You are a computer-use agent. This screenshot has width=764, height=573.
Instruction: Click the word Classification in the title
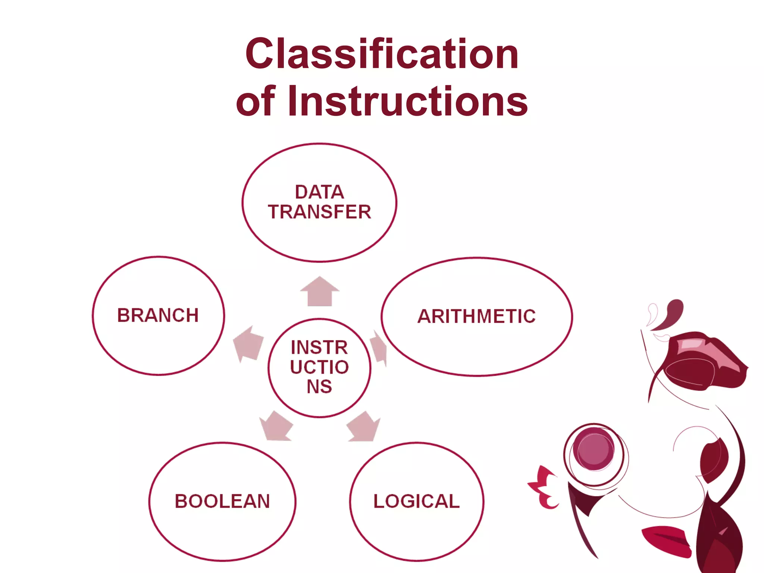(x=382, y=54)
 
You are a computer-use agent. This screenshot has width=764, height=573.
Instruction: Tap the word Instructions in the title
(x=408, y=101)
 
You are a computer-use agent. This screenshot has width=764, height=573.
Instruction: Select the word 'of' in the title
(x=256, y=101)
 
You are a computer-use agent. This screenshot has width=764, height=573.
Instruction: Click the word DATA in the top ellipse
(x=319, y=192)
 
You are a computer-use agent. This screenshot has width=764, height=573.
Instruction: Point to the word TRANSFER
(x=319, y=212)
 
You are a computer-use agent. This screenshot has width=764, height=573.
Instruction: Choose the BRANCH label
(x=158, y=315)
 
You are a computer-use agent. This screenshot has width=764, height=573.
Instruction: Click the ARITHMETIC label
(x=476, y=316)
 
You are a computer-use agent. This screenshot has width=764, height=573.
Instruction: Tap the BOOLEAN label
(x=222, y=501)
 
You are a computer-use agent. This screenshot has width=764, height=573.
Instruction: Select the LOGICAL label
(x=417, y=501)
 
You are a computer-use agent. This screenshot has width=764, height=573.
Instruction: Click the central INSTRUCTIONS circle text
(x=319, y=367)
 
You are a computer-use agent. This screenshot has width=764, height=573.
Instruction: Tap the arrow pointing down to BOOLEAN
(x=276, y=426)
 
